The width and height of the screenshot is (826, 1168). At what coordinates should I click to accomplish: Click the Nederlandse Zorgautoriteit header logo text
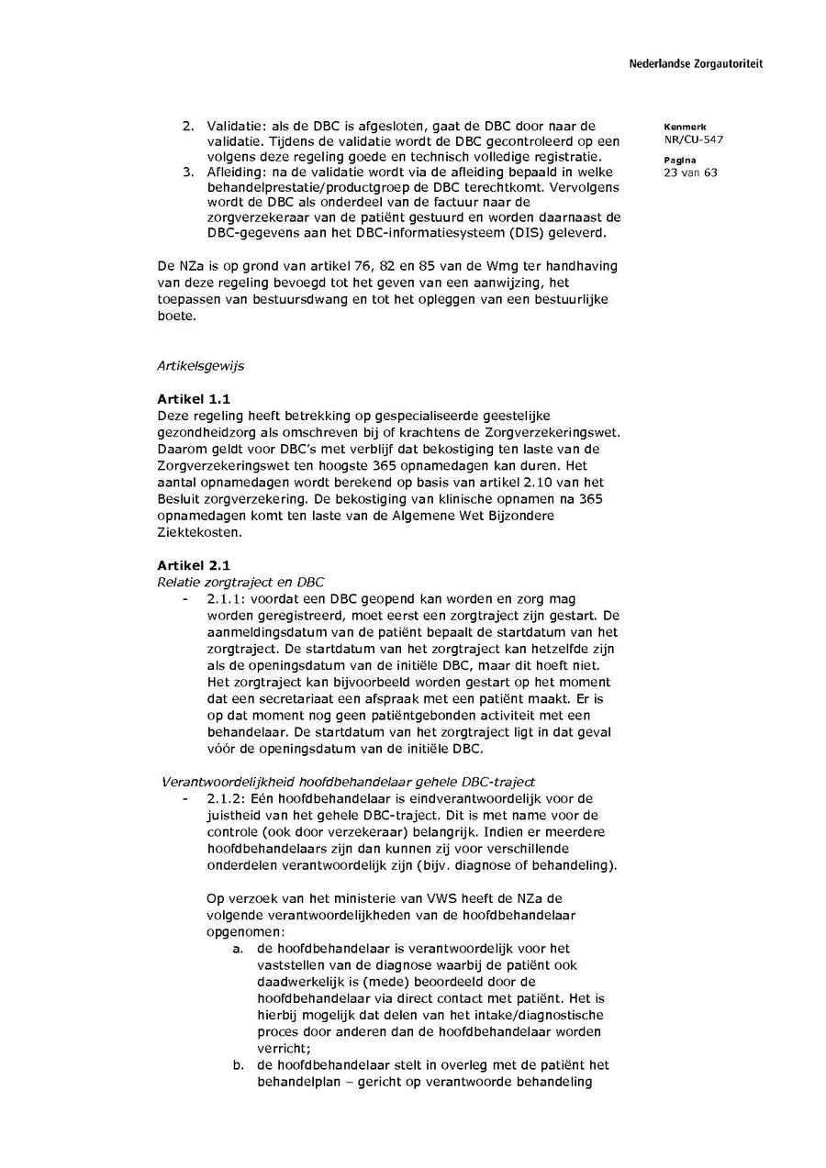click(x=695, y=64)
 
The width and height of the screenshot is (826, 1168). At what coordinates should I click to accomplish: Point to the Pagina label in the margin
click(x=679, y=160)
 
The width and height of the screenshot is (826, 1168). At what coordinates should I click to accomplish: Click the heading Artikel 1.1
click(x=194, y=399)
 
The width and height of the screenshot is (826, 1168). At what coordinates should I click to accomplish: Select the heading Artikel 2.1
click(x=194, y=565)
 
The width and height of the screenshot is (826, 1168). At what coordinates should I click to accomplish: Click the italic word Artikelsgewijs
click(x=201, y=366)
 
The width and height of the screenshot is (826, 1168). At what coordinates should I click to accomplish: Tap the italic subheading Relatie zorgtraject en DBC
click(x=240, y=582)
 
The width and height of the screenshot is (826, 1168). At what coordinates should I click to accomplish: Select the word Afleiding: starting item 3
click(x=237, y=172)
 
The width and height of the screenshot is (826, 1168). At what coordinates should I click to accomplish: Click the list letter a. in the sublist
click(x=239, y=949)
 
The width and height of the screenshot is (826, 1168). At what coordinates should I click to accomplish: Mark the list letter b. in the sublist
click(x=239, y=1065)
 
